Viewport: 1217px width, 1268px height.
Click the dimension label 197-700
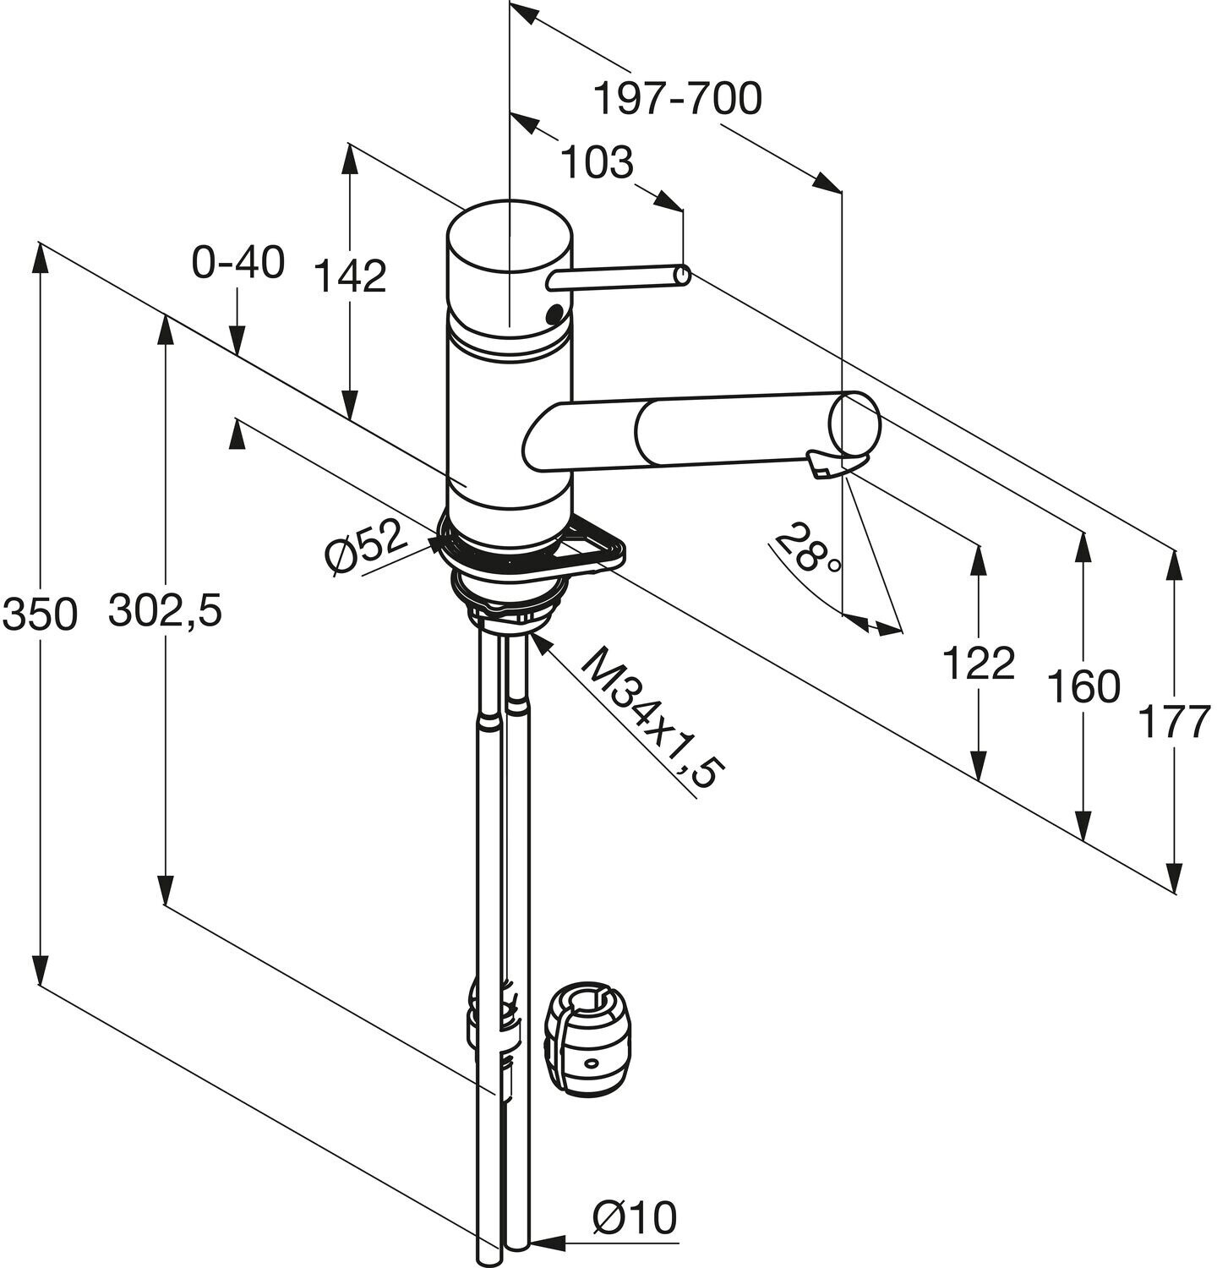[677, 100]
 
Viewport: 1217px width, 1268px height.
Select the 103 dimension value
[597, 162]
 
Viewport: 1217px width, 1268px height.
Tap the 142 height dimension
[351, 276]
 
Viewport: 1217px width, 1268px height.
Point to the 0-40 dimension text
[237, 264]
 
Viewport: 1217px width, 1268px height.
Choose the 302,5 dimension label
[165, 610]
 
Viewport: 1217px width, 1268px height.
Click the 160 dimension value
[1083, 686]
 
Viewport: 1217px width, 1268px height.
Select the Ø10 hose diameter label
[634, 1219]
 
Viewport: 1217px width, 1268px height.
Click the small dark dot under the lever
[555, 315]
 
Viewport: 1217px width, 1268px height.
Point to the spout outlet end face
[854, 423]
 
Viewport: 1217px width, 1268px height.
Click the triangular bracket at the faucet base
[602, 547]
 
